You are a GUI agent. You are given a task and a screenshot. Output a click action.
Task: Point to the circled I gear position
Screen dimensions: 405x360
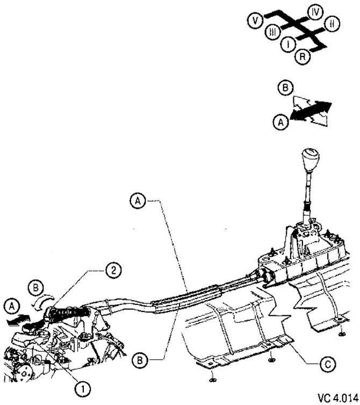pos(289,44)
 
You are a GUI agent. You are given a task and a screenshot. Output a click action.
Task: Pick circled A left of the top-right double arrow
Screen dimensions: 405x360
pos(279,123)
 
